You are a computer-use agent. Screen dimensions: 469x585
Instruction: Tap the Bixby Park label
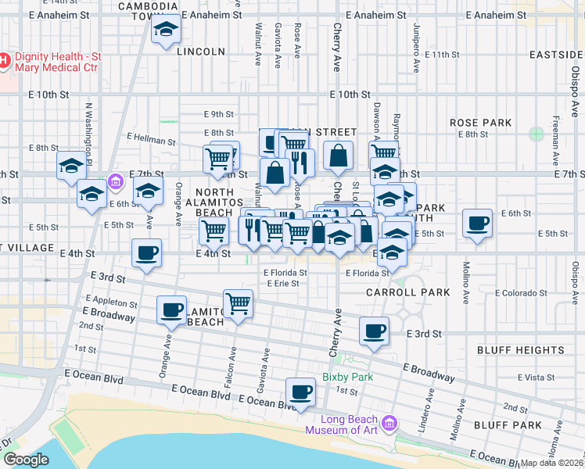[x=347, y=377]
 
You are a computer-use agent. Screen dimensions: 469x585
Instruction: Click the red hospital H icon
[x=4, y=59]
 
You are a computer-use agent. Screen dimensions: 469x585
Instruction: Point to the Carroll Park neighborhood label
[x=408, y=292]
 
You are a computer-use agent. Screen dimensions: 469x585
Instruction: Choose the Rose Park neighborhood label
[x=480, y=123]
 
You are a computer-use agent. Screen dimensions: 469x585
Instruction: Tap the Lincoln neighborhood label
[x=201, y=52]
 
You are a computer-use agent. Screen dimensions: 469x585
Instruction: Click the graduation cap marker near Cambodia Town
[x=165, y=30]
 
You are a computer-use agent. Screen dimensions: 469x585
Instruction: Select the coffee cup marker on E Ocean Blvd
[x=300, y=392]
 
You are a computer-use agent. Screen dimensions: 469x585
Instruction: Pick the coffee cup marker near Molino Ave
[x=477, y=223]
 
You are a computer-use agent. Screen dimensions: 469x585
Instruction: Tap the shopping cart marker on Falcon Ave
[x=238, y=303]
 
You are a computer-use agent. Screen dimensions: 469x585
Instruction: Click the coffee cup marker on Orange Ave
[x=171, y=310]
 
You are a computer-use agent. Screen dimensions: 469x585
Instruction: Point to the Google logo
[x=26, y=460]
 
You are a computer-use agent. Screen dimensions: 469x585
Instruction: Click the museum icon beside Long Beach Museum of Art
[x=390, y=424]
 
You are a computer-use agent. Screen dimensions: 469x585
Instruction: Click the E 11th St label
[x=443, y=55]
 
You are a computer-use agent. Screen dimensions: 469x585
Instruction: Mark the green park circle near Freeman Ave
[x=536, y=134]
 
